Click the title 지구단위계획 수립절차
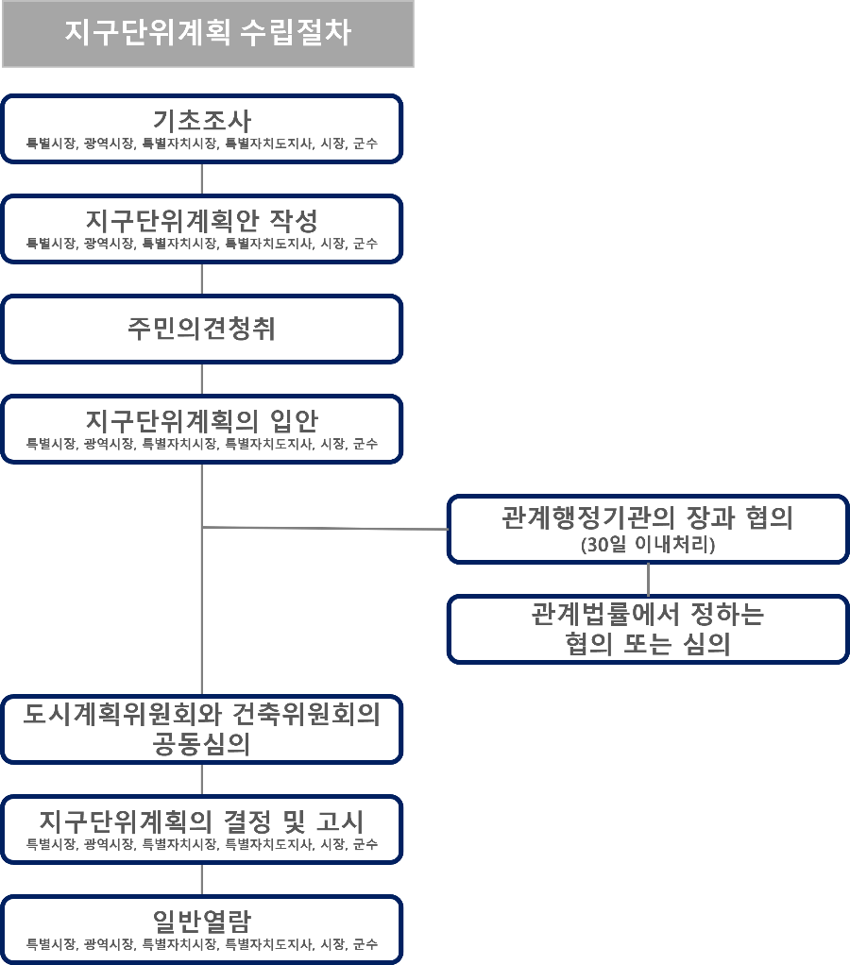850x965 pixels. click(208, 32)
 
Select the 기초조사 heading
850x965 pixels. click(202, 121)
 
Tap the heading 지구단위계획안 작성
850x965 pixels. click(202, 221)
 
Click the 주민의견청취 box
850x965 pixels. click(202, 329)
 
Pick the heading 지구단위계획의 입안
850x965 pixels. click(202, 419)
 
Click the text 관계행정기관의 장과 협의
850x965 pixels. click(648, 518)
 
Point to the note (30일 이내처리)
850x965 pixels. click(648, 545)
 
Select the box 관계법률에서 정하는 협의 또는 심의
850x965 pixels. click(648, 629)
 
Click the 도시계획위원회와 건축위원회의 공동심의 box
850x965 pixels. click(202, 729)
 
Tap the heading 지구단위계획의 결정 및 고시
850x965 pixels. click(202, 820)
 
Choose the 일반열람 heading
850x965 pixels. click(202, 920)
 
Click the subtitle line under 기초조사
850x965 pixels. click(202, 144)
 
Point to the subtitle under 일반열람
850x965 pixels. click(202, 943)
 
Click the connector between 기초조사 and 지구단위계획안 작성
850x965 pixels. click(202, 179)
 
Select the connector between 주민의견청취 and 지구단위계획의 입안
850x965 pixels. click(202, 379)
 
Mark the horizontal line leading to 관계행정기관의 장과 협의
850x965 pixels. click(326, 528)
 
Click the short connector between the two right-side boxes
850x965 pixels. click(648, 579)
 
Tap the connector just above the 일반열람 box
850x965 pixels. click(202, 879)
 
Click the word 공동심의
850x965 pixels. click(202, 744)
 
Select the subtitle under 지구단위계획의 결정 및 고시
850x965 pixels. click(202, 843)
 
